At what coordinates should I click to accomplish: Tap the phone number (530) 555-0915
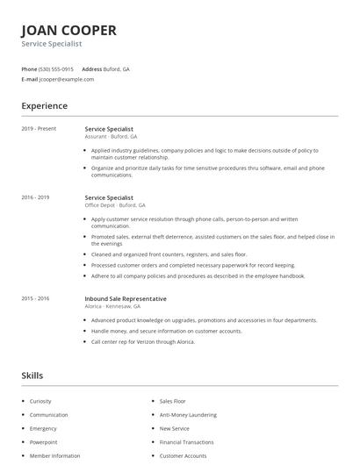point(57,68)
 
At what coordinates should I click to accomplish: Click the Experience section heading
point(44,106)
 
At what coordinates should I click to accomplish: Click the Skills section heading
point(32,376)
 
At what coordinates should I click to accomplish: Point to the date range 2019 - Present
point(39,129)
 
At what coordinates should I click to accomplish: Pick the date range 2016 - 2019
point(35,198)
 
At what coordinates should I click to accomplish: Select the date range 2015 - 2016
point(35,298)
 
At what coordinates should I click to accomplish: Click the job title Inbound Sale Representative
point(126,298)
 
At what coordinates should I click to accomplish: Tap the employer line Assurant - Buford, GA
point(111,137)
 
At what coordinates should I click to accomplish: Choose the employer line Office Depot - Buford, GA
point(115,205)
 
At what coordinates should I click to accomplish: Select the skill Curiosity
point(40,401)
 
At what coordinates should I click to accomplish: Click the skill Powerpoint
point(43,442)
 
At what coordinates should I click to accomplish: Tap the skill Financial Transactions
point(186,442)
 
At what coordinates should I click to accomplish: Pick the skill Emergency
point(43,428)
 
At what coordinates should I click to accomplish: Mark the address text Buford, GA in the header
point(118,68)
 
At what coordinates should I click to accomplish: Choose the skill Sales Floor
point(172,401)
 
